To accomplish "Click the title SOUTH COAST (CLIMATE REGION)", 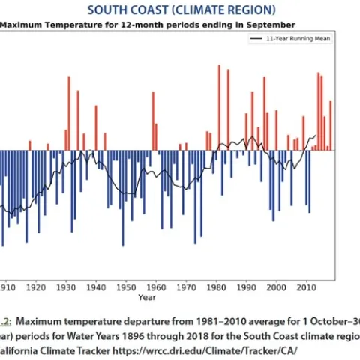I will (181, 10).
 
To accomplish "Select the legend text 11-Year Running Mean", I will (297, 37).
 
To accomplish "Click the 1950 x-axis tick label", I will (126, 286).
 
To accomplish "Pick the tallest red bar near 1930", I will (69, 112).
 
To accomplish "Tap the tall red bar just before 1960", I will (153, 121).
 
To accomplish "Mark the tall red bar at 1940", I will (96, 127).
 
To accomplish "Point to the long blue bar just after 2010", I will (309, 181).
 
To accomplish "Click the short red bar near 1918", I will (30, 145).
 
